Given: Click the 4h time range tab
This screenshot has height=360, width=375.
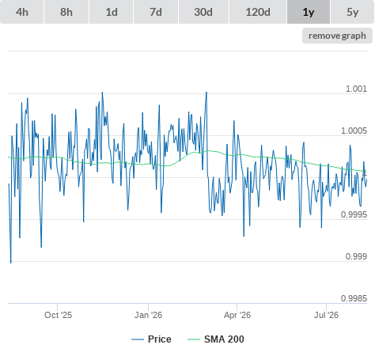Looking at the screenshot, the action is (x=22, y=12).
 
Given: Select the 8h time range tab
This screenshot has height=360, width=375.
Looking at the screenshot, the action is (x=66, y=12).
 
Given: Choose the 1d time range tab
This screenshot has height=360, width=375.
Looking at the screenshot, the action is (x=112, y=12).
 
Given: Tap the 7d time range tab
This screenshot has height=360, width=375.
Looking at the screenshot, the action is (x=156, y=12).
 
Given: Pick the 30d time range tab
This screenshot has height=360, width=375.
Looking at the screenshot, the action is (x=203, y=12).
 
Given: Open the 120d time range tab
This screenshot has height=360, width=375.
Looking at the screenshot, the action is (x=258, y=12).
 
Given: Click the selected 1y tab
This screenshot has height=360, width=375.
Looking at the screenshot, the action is (x=309, y=12).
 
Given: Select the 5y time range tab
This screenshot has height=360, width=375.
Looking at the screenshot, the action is (x=353, y=12).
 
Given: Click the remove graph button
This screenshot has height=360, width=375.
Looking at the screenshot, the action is (x=337, y=36).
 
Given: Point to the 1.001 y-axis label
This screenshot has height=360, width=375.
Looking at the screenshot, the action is (x=356, y=89).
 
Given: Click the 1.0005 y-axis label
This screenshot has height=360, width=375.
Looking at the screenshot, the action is (x=354, y=131).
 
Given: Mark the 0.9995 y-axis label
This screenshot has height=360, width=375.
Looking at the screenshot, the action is (x=354, y=214).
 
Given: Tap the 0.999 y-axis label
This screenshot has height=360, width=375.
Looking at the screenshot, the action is (x=356, y=256).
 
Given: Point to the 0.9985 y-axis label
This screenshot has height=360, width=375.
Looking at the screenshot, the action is (x=354, y=298).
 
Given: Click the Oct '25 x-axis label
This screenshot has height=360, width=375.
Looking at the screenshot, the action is (x=58, y=315).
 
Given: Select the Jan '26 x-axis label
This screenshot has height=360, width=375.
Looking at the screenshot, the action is (x=148, y=315).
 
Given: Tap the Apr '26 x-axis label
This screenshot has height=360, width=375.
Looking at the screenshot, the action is (x=237, y=315).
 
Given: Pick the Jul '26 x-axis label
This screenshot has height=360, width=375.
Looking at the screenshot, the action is (x=326, y=315).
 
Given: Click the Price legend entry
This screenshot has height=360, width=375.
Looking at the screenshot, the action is (x=151, y=339).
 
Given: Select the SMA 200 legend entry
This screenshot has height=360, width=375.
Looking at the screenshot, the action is (x=216, y=339).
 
